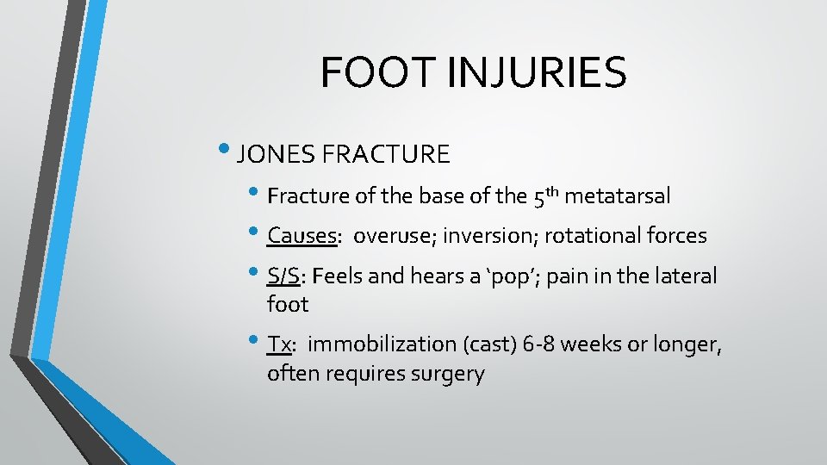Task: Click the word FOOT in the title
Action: point(366,72)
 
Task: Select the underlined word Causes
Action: point(301,235)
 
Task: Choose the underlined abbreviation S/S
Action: point(283,276)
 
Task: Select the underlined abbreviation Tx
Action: point(279,344)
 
